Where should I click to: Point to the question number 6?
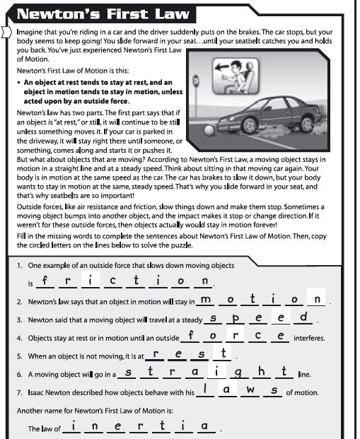coord(19,374)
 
